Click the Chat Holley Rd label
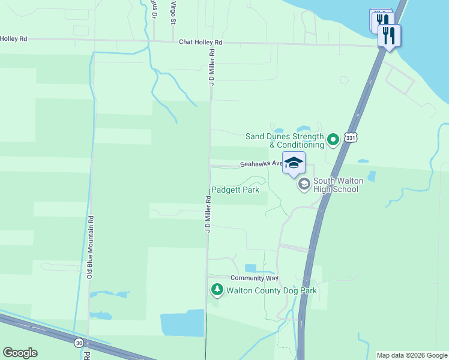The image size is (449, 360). click(200, 43)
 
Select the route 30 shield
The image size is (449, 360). click(79, 343)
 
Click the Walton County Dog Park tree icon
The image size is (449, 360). click(217, 290)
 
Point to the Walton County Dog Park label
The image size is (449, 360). click(271, 291)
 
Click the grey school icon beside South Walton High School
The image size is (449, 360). click(304, 184)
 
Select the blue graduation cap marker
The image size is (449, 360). click(294, 163)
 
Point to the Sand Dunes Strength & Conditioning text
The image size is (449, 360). click(285, 140)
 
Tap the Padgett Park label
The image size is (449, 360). click(235, 190)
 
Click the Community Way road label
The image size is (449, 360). click(255, 278)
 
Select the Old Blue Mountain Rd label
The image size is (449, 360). click(89, 247)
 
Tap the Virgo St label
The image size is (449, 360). click(173, 12)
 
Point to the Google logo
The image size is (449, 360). click(20, 353)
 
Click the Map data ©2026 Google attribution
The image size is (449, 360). click(412, 355)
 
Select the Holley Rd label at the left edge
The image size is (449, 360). click(13, 38)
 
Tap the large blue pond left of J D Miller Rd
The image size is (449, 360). click(182, 323)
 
